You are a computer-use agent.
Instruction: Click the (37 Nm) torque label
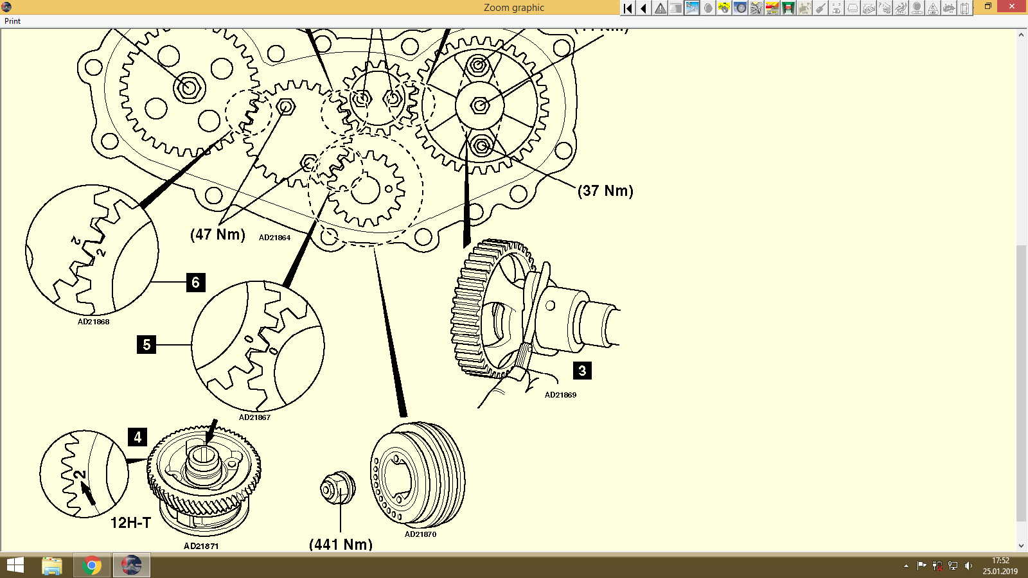pyautogui.click(x=605, y=191)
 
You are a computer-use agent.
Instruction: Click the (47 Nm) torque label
pyautogui.click(x=218, y=234)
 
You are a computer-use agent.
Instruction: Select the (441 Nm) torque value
pyautogui.click(x=341, y=545)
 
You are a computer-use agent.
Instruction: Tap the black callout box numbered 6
pyautogui.click(x=195, y=283)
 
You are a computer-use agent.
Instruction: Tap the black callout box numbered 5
pyautogui.click(x=146, y=345)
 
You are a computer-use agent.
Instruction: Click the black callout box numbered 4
pyautogui.click(x=137, y=437)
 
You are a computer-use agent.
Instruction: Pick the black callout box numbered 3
pyautogui.click(x=582, y=371)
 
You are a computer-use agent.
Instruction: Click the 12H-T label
pyautogui.click(x=130, y=523)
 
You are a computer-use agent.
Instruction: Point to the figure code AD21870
pyautogui.click(x=420, y=534)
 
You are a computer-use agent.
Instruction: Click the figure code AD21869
pyautogui.click(x=560, y=395)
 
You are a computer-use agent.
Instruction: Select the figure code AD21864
pyautogui.click(x=274, y=238)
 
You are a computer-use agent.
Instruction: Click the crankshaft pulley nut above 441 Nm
pyautogui.click(x=337, y=488)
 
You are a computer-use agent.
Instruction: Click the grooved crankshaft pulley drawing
pyautogui.click(x=418, y=475)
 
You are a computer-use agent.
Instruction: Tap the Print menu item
pyautogui.click(x=12, y=21)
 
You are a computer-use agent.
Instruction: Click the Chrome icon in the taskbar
pyautogui.click(x=92, y=566)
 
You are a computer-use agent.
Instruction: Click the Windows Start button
pyautogui.click(x=15, y=566)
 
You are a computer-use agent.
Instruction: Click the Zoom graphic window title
pyautogui.click(x=513, y=8)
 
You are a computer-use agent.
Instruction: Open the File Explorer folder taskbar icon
pyautogui.click(x=52, y=566)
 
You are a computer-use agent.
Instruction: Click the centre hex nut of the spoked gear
pyautogui.click(x=480, y=106)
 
